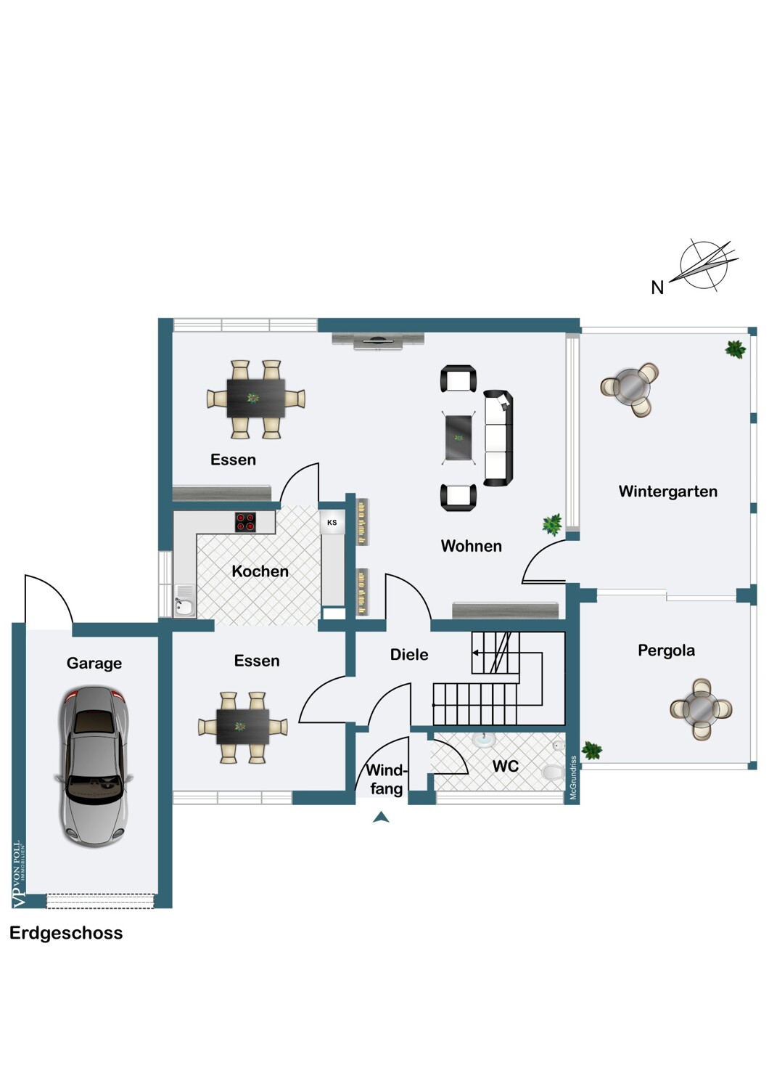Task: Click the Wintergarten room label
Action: [x=667, y=492]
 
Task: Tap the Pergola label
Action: [x=666, y=650]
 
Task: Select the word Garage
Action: [x=94, y=663]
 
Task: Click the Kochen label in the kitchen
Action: [x=260, y=571]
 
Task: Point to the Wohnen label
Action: [x=471, y=546]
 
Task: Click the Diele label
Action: [x=409, y=655]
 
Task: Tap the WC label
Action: [x=505, y=766]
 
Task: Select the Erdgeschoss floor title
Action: [x=66, y=933]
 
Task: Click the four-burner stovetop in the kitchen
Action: [x=245, y=522]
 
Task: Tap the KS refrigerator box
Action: [x=332, y=523]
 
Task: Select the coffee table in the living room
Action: [x=459, y=438]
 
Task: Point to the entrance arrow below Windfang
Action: [x=381, y=817]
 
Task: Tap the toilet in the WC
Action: [x=554, y=772]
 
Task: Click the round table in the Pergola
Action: [x=701, y=709]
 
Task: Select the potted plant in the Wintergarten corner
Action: [x=735, y=349]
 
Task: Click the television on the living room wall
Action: [x=377, y=340]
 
